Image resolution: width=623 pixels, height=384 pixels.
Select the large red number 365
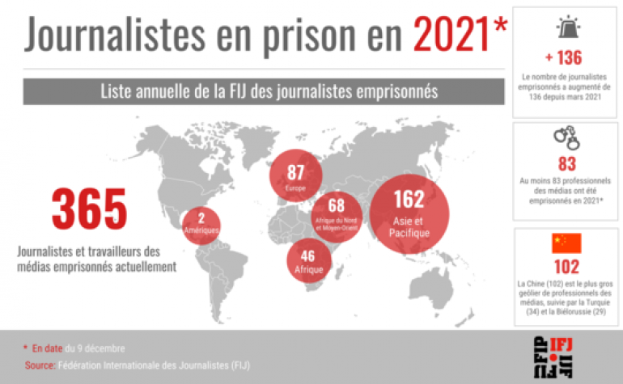click(x=90, y=209)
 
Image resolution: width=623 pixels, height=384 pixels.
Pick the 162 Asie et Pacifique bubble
click(x=409, y=213)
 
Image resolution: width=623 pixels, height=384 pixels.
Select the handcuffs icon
click(x=566, y=139)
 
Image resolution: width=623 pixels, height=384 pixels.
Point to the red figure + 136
click(x=564, y=58)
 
